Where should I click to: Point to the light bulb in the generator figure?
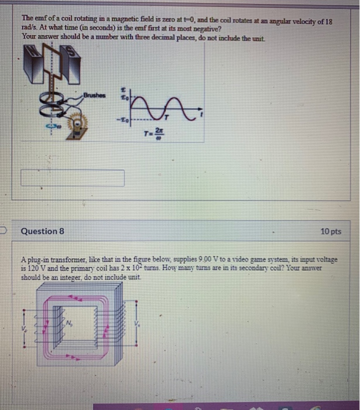(x=76, y=125)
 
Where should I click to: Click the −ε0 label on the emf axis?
(x=124, y=121)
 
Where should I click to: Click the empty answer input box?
(x=73, y=178)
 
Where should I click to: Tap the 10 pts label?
(x=331, y=231)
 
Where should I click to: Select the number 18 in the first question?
(x=328, y=20)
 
